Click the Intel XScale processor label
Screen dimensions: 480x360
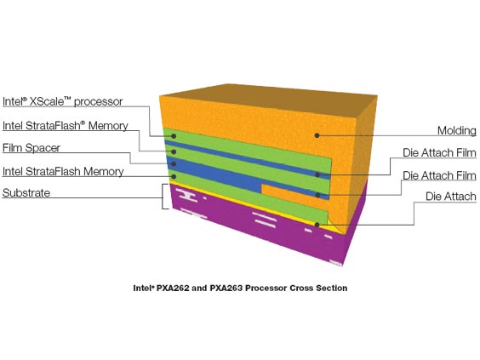62,101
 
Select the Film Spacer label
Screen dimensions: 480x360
31,148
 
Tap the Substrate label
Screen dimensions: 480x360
26,193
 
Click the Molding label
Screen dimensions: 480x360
457,130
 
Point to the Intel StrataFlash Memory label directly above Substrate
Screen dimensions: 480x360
63,171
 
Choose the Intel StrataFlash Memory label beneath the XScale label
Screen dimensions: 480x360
66,126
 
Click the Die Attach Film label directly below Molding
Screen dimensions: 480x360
439,152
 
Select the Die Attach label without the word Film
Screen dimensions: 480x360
451,197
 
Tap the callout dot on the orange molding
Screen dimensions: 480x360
317,135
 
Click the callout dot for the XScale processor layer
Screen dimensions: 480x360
174,136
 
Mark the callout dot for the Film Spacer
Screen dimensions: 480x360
174,164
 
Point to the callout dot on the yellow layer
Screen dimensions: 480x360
317,225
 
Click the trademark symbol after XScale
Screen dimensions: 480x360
67,98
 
